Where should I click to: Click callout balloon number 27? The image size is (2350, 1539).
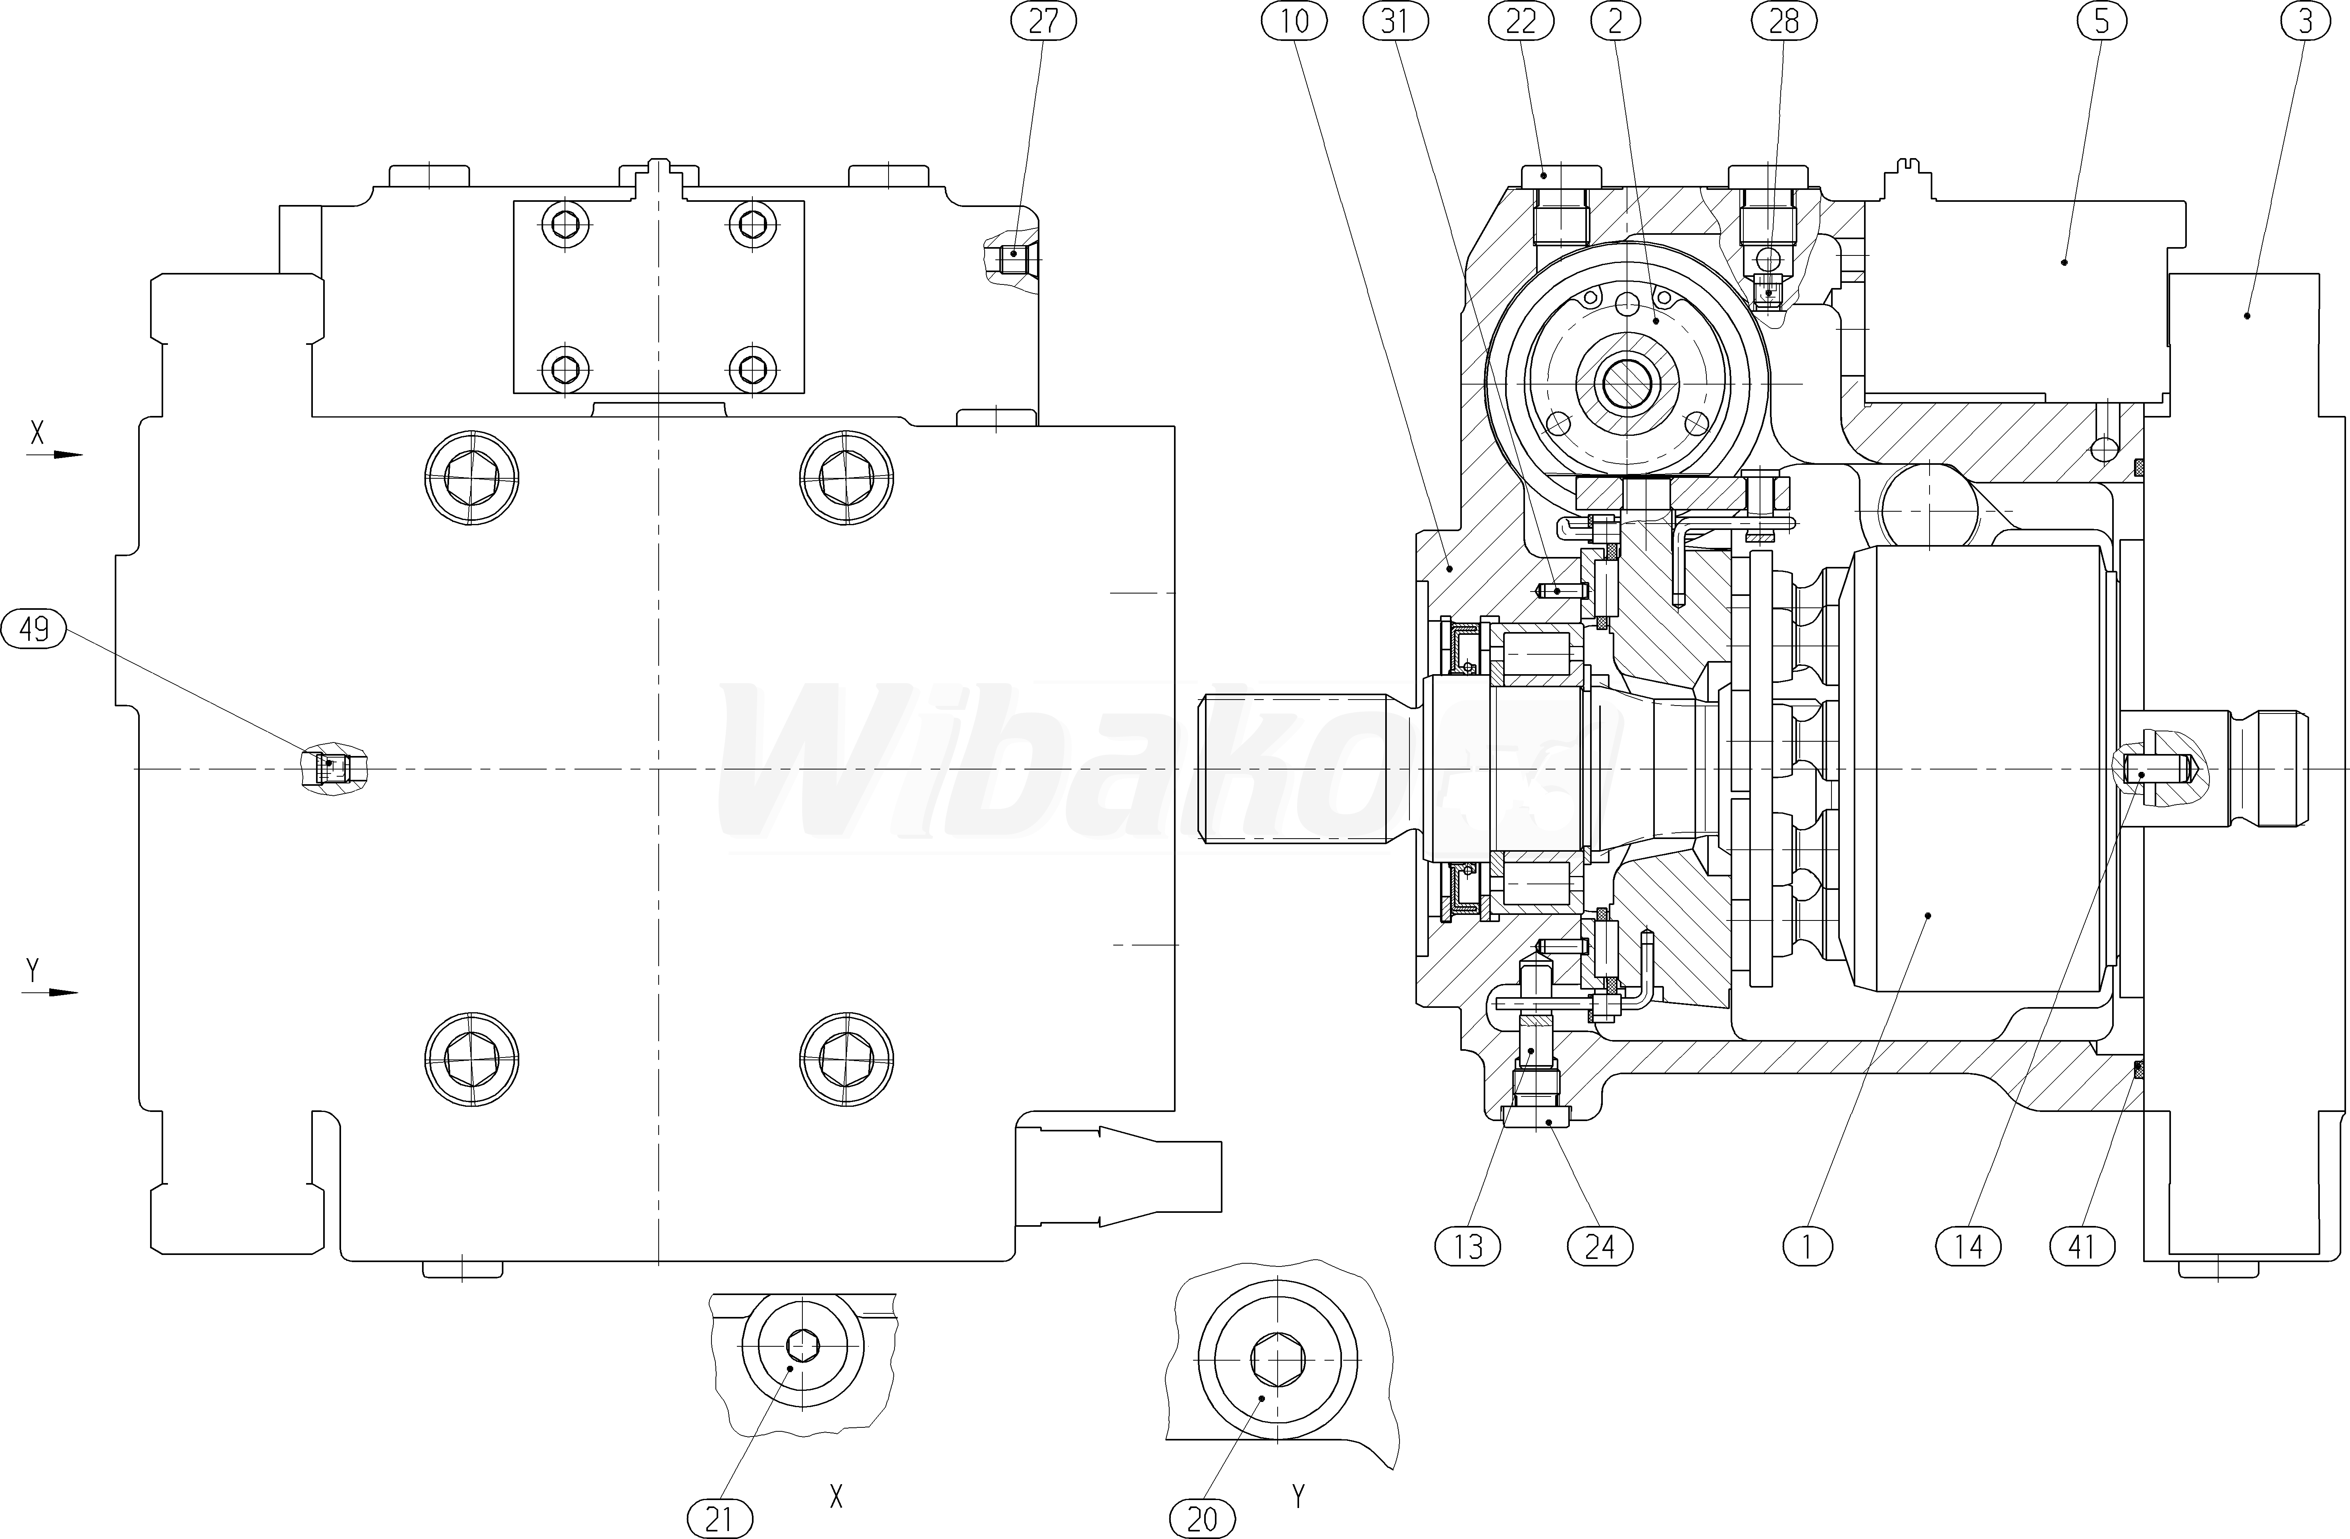pos(1043,22)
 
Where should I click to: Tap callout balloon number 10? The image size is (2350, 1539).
pos(1294,22)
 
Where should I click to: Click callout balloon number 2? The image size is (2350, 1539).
pos(1616,22)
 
